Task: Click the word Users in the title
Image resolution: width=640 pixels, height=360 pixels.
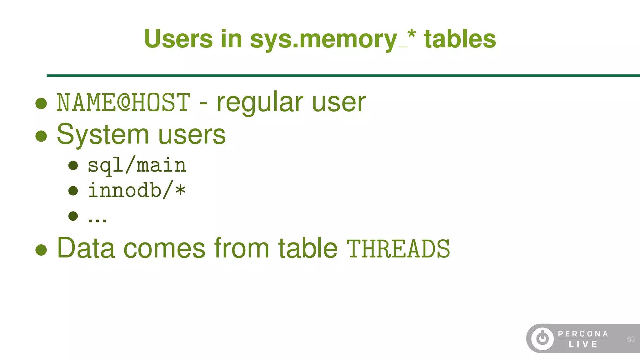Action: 178,39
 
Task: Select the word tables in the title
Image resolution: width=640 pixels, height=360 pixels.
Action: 460,39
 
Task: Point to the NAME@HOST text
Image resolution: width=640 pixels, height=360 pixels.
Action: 123,102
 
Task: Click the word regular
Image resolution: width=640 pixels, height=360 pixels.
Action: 260,102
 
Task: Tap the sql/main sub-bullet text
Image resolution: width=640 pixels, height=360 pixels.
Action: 137,166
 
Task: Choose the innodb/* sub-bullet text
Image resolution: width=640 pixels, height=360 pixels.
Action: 137,191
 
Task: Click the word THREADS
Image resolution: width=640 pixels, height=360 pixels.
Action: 398,249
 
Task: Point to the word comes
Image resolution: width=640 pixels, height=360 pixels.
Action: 164,249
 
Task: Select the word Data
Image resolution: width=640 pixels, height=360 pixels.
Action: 86,248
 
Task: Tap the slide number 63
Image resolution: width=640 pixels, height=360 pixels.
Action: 631,339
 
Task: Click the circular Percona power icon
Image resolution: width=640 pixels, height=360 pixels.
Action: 542,338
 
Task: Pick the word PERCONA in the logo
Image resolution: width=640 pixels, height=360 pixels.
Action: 583,334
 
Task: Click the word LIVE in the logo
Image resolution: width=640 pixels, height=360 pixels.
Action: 583,344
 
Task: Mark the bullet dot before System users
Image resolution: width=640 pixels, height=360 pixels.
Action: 41,136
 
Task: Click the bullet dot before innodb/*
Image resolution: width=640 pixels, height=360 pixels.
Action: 73,191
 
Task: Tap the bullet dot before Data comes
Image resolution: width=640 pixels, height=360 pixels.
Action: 41,250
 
